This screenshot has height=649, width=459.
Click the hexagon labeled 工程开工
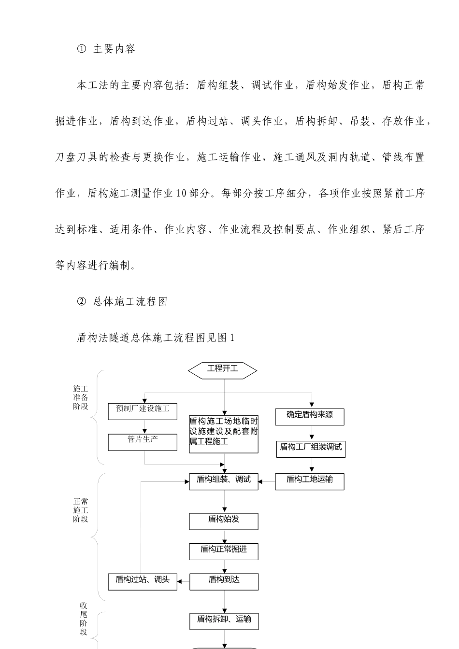(222, 370)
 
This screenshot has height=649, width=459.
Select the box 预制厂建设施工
(143, 411)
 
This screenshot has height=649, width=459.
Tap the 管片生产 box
(143, 442)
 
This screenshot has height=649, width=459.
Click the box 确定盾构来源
(310, 417)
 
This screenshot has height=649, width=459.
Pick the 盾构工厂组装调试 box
(311, 450)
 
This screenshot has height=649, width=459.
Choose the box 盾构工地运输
(310, 482)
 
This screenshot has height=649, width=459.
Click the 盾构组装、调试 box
(224, 482)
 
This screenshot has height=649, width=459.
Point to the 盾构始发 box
(224, 522)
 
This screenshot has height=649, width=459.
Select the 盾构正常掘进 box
(224, 551)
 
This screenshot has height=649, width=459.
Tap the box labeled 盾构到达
(224, 582)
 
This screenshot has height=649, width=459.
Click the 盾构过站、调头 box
(143, 582)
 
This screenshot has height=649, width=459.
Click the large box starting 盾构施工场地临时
(224, 434)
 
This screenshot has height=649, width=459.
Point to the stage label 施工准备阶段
(80, 397)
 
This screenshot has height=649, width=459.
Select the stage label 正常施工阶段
(80, 510)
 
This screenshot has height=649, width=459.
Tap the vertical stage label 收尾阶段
(84, 619)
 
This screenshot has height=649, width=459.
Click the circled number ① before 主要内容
(82, 49)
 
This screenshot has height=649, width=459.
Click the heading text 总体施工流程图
(130, 302)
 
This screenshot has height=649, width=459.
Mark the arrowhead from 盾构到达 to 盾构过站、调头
(179, 581)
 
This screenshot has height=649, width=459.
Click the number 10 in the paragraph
(181, 193)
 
